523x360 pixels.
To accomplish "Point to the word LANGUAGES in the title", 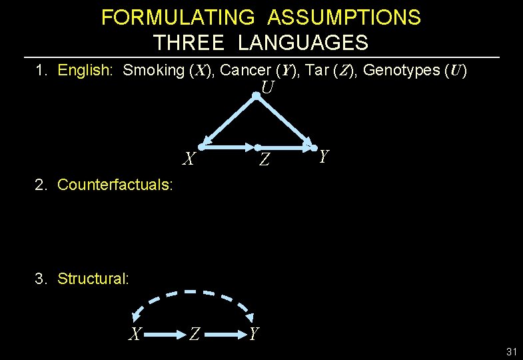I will (302, 43).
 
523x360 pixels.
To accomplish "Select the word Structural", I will (93, 278).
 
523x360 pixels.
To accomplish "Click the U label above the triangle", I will (268, 87).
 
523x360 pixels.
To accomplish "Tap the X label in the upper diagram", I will (189, 159).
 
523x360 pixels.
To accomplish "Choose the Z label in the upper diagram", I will (264, 160).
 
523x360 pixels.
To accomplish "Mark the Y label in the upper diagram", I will (324, 157).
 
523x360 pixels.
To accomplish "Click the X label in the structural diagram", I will (135, 334).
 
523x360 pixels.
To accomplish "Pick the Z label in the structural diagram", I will (194, 334).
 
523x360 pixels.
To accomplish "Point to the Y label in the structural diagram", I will (253, 333).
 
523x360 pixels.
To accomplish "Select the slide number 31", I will (512, 351).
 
